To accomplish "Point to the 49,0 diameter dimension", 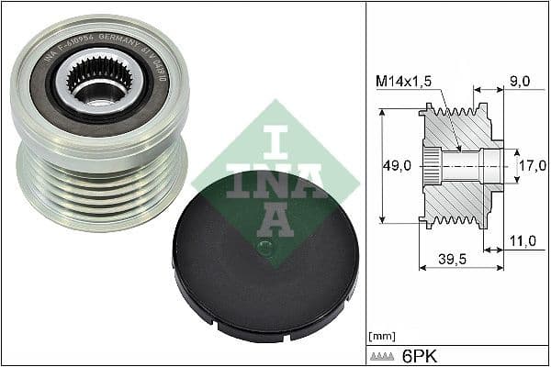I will (x=399, y=166).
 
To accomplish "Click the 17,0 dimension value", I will (x=533, y=167).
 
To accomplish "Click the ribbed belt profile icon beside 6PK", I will (x=385, y=354).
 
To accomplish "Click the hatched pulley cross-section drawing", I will (x=459, y=165).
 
